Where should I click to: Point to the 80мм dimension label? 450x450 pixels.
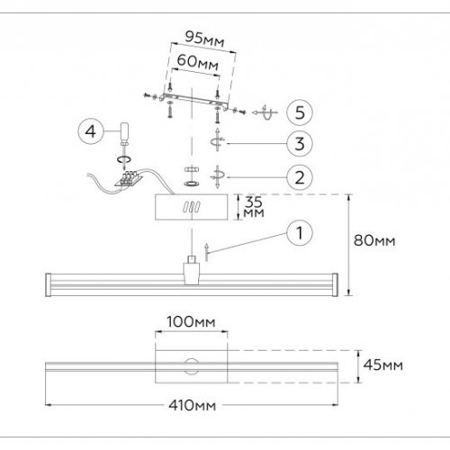click(373, 240)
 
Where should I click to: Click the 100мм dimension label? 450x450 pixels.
click(190, 321)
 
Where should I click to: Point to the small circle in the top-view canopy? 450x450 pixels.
click(191, 364)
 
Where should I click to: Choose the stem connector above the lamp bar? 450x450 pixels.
click(191, 267)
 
